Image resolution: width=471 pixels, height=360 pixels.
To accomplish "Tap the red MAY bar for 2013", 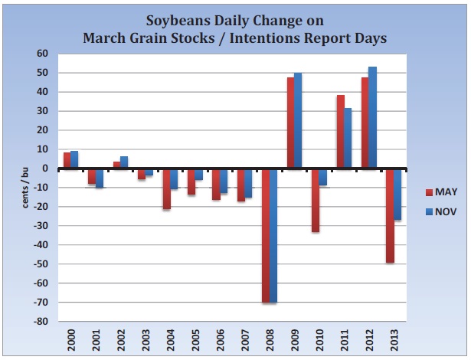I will point(389,215).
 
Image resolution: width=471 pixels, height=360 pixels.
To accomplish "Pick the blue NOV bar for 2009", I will point(299,121).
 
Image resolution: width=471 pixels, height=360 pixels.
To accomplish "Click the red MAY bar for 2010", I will point(316,200).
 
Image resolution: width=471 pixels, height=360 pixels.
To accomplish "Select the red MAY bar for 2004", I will point(166,188).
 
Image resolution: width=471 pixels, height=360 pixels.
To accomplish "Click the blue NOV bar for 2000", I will point(74,159).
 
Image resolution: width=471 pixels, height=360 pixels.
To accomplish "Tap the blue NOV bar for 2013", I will point(397,195).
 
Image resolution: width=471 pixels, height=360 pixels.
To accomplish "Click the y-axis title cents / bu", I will point(25,188).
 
